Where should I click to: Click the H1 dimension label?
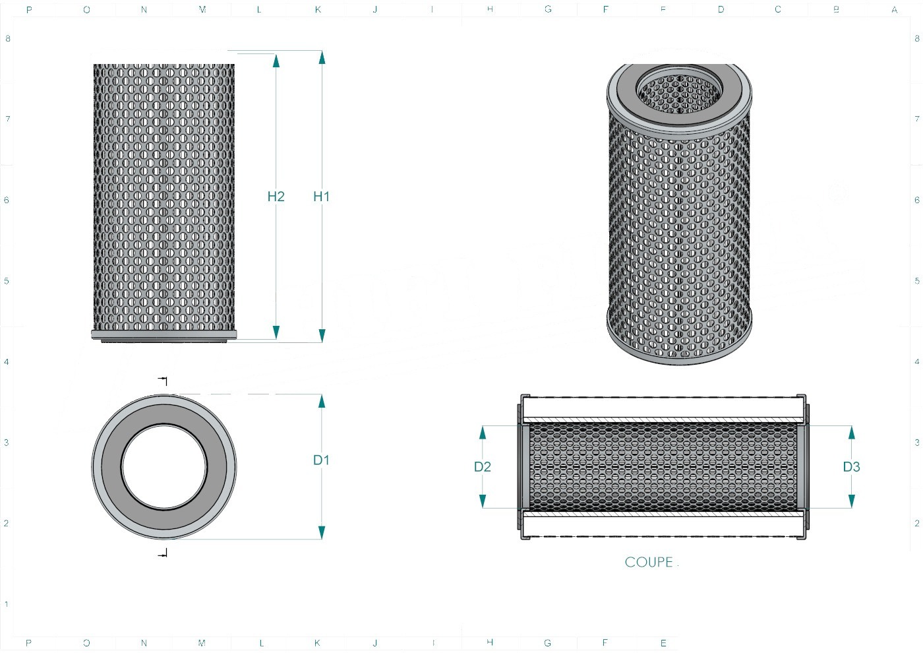pos(322,197)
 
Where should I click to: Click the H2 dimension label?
pos(276,197)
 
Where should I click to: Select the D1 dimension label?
pos(321,460)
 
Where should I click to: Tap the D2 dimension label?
pos(483,467)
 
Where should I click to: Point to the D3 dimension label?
pos(851,467)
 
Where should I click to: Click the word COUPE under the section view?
pos(649,562)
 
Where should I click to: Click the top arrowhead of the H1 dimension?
pos(322,57)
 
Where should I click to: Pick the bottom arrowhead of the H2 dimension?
pos(276,332)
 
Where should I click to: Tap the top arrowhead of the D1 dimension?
pos(322,401)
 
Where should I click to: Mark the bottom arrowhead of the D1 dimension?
pos(322,532)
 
